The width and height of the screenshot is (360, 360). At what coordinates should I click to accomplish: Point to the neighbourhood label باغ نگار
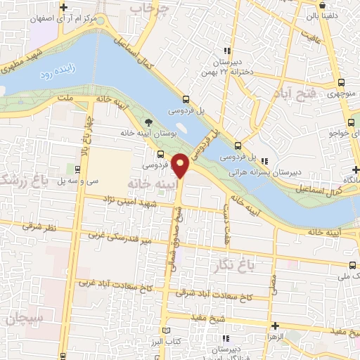(231, 264)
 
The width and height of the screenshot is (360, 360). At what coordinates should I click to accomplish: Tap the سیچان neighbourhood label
(25, 319)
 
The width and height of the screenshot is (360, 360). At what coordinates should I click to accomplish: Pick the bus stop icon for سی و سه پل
(70, 170)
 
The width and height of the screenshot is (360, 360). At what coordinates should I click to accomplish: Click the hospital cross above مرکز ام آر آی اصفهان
(64, 7)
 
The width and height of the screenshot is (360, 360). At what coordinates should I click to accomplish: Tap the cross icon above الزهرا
(274, 326)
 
